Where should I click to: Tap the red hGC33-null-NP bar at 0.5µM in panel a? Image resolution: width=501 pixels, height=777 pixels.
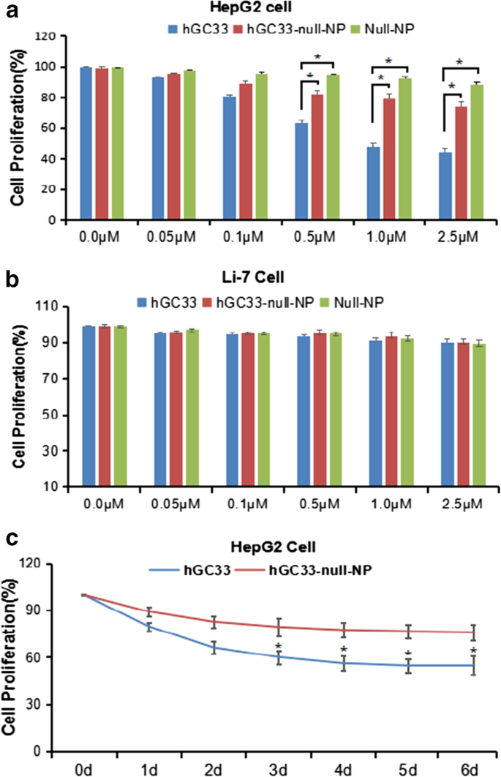317,157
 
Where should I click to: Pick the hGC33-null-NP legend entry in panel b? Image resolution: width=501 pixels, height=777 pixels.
252,300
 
